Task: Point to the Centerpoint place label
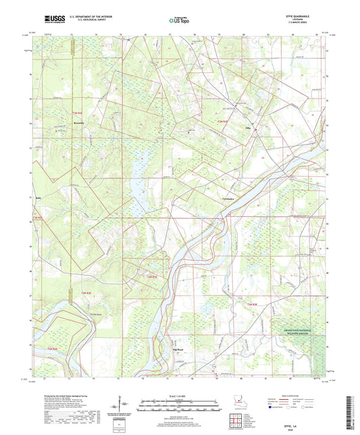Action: [x=229, y=199]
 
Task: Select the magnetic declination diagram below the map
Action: [x=125, y=408]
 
